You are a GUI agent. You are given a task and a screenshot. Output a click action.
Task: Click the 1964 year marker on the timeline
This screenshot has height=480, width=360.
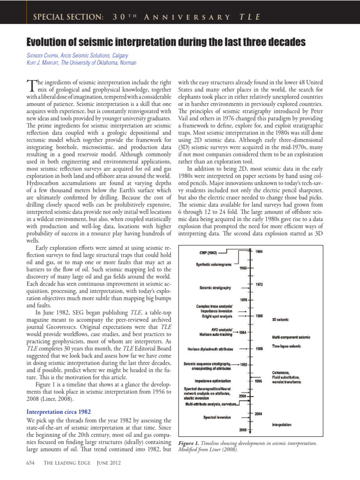(x=259, y=252)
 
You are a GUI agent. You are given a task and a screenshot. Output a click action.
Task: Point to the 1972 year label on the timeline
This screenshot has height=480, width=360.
(x=259, y=284)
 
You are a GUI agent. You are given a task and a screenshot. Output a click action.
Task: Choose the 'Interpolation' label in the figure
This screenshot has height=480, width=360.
(x=282, y=425)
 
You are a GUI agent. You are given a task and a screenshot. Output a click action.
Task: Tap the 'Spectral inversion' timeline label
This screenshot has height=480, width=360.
(x=216, y=417)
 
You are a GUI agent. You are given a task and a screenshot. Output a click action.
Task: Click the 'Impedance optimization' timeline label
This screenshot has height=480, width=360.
(x=213, y=381)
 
